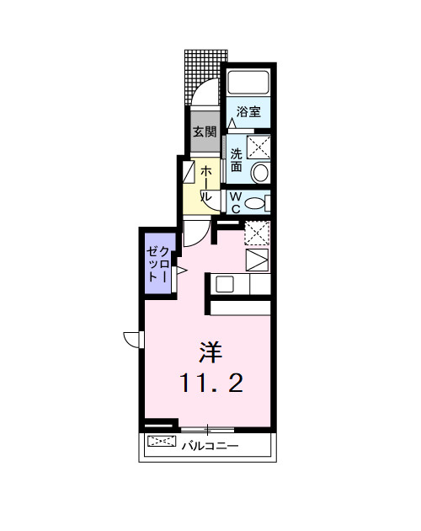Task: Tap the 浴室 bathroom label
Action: tap(248, 111)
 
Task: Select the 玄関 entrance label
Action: tap(205, 131)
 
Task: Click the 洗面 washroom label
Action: tap(237, 160)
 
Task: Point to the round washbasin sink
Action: tap(261, 173)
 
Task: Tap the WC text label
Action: tap(236, 202)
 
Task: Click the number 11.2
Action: tap(210, 384)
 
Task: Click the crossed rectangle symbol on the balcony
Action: tap(159, 442)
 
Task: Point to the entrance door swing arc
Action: tap(207, 94)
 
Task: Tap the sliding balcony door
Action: tap(207, 430)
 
